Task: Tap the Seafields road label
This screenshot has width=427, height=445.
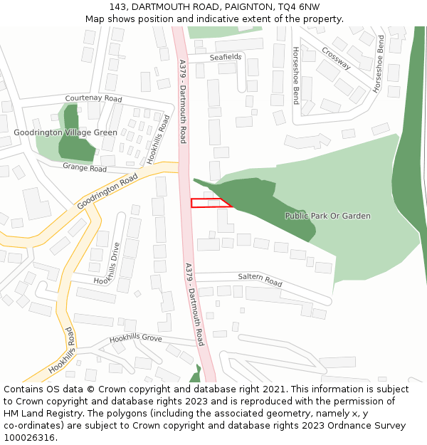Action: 226,57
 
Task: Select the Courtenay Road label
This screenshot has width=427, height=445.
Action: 93,99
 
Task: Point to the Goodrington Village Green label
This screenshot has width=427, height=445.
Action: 65,132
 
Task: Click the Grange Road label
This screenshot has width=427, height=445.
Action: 85,168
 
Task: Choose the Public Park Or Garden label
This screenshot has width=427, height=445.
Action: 327,216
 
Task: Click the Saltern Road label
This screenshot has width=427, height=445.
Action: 260,281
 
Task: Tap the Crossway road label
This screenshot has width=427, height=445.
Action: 336,58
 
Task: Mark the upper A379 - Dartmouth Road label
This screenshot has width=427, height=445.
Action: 182,101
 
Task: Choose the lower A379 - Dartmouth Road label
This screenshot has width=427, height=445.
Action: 194,305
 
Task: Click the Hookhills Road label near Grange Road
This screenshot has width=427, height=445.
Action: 159,140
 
